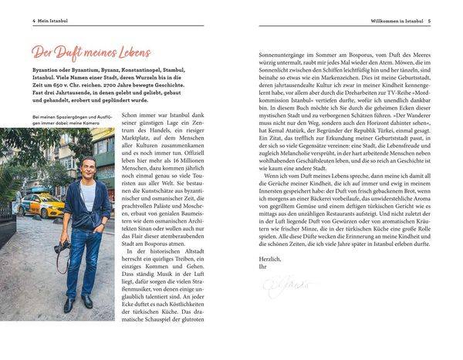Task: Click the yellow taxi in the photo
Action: (x=43, y=205)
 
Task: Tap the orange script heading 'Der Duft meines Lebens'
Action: (x=91, y=52)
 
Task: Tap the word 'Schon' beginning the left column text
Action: (x=131, y=137)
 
